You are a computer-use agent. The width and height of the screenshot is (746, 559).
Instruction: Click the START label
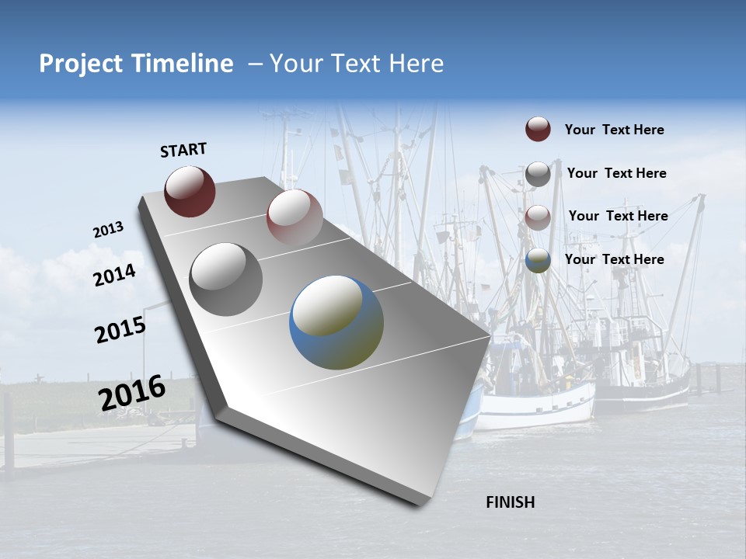tap(183, 150)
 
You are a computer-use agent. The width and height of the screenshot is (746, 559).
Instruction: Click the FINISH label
tap(510, 502)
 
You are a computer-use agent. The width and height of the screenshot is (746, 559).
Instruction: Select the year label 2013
tap(108, 230)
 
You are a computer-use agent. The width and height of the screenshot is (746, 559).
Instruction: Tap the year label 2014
tap(114, 275)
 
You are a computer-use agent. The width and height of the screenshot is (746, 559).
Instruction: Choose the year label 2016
tap(132, 393)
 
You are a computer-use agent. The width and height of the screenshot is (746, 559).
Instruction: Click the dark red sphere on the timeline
tap(190, 191)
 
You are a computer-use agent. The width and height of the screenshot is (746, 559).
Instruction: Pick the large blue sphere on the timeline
tap(336, 322)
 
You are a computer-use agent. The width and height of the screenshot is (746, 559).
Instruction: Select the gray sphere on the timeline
tap(226, 279)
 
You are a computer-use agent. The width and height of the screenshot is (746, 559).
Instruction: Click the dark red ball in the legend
tap(538, 129)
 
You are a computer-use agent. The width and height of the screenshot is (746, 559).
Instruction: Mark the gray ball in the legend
tap(538, 174)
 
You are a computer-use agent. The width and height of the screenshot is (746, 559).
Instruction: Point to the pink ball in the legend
tap(538, 217)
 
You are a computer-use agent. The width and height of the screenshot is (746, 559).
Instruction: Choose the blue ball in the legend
tap(538, 260)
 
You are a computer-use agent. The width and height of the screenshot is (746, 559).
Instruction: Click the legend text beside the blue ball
tap(614, 259)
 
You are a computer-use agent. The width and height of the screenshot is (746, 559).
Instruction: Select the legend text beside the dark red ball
tap(614, 130)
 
